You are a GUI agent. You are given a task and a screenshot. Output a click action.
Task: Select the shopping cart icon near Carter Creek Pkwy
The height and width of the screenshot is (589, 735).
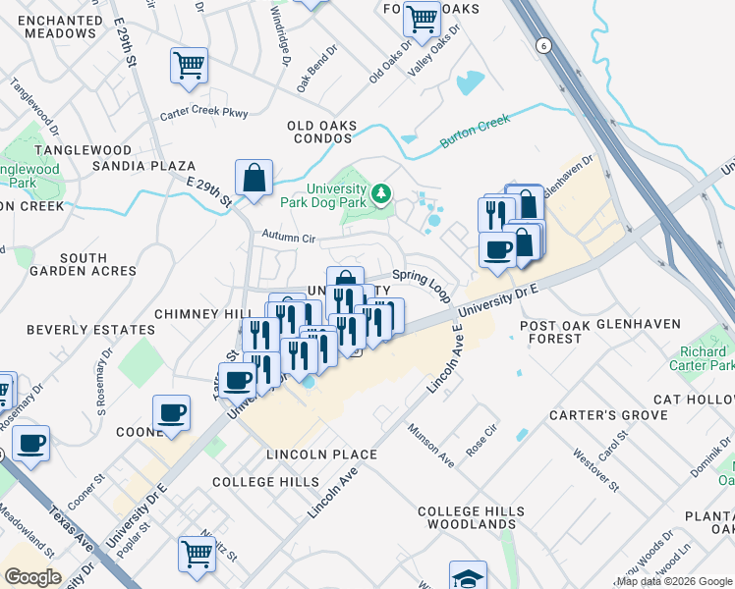coord(189,66)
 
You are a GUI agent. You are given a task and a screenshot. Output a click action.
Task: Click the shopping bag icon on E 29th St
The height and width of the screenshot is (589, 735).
coord(254,179)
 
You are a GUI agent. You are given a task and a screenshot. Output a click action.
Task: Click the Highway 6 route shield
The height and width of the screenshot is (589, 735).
coord(541,46)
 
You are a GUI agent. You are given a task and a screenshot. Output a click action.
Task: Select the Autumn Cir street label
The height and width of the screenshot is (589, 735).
coord(288,237)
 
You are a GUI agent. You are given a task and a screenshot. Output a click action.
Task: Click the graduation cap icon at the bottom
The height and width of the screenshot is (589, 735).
coord(468,576)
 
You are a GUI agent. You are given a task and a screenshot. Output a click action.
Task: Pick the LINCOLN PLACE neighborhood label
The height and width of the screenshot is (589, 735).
coord(321,455)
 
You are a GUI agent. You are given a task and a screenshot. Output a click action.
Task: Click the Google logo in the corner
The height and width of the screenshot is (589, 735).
coord(32,577)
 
